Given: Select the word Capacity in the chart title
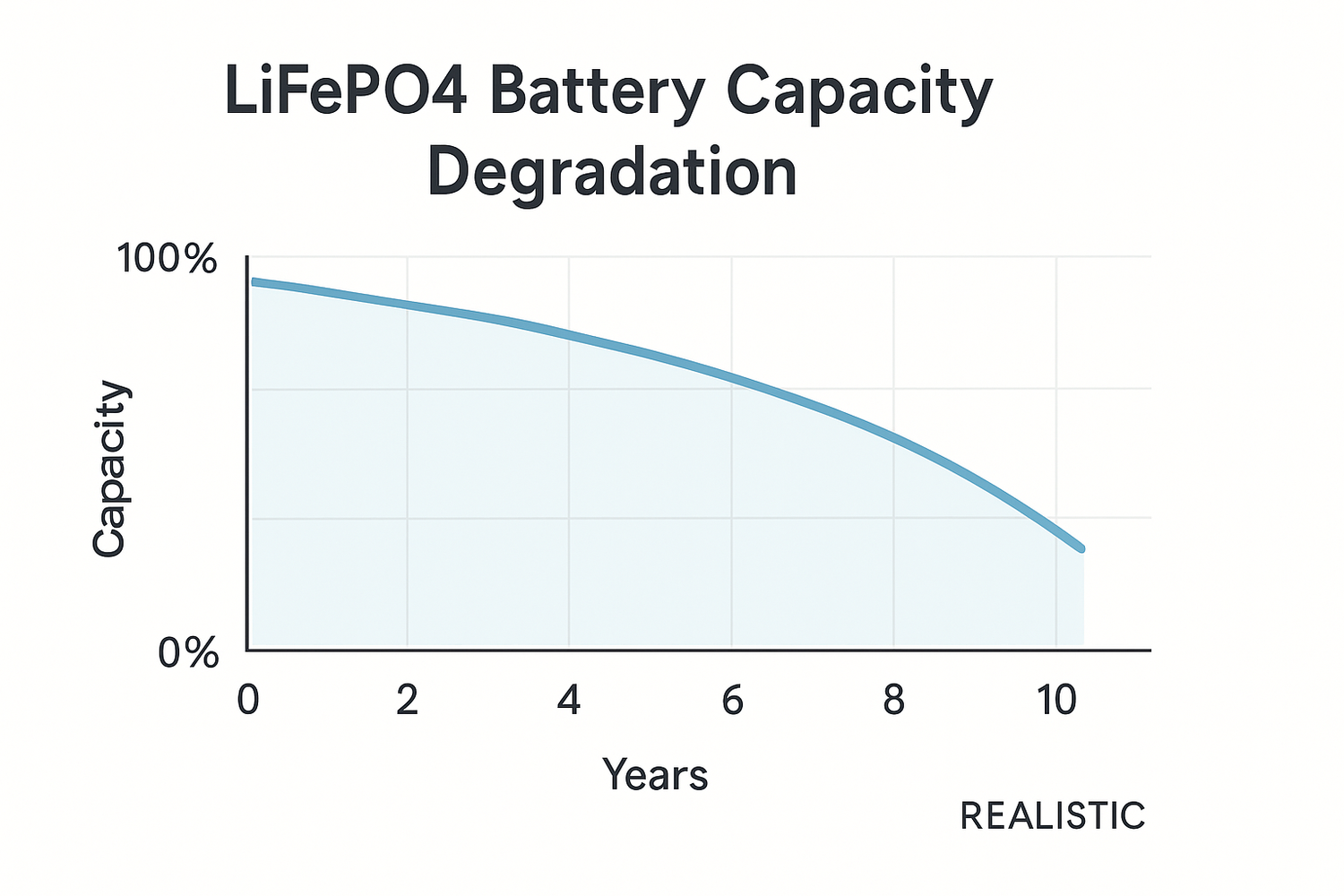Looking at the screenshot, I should (x=859, y=92).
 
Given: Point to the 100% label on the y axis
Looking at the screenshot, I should (x=168, y=260).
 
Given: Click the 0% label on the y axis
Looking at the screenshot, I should (x=188, y=654).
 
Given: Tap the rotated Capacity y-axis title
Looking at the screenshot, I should (x=110, y=469).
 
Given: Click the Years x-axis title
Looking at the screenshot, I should (x=655, y=774).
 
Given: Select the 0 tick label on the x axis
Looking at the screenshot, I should (x=247, y=700).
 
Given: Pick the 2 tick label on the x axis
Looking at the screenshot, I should (x=408, y=700).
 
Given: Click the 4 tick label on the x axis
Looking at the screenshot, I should (x=569, y=700).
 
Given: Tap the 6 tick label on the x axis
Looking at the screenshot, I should (x=732, y=700).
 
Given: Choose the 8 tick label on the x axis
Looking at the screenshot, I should (x=893, y=700).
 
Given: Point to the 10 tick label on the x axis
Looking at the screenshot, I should (x=1056, y=700).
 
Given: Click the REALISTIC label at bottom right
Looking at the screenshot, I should (x=1053, y=816).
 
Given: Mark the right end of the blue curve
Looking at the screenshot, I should (x=1081, y=547).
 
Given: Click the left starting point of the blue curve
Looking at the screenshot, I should (x=254, y=282).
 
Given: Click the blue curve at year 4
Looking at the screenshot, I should (x=569, y=334).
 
